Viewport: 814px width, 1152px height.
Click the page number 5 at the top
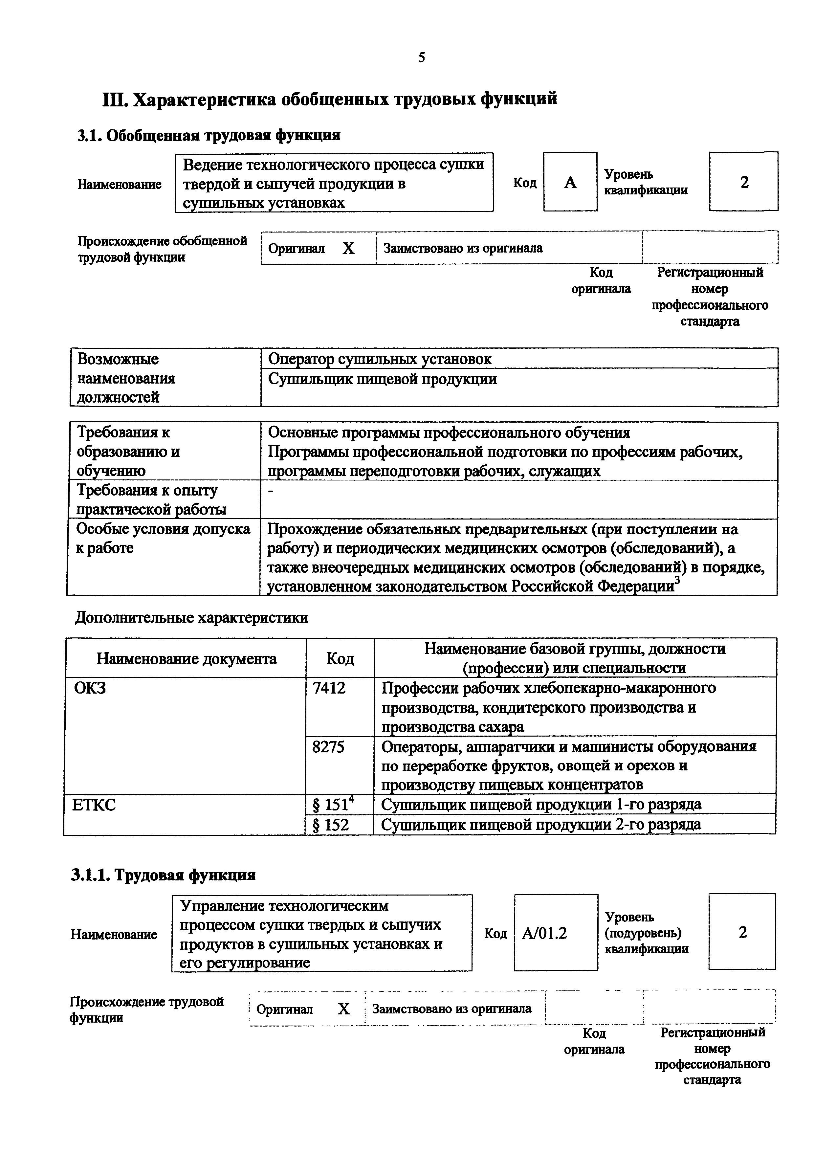point(421,58)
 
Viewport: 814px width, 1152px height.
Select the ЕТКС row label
point(94,805)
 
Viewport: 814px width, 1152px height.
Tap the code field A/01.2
point(545,933)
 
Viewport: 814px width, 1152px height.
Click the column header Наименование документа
point(186,659)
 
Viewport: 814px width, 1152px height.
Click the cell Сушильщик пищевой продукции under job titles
point(382,379)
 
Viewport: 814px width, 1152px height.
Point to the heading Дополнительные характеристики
point(191,618)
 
